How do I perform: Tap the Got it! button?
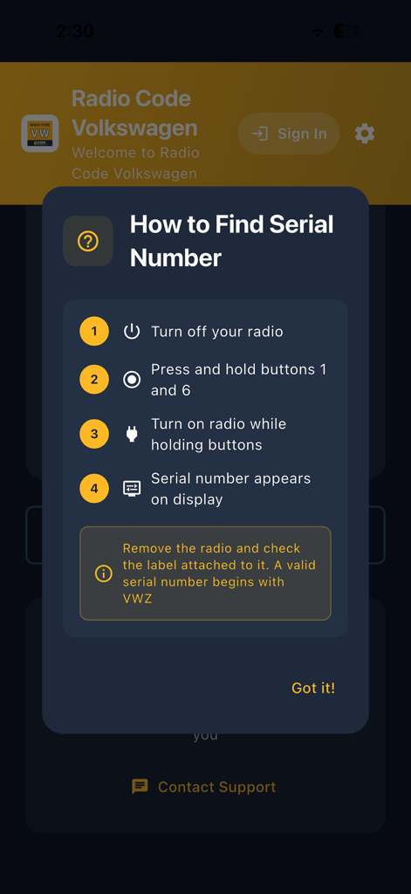pyautogui.click(x=312, y=688)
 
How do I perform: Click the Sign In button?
pyautogui.click(x=289, y=134)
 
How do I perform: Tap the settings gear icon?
pyautogui.click(x=365, y=134)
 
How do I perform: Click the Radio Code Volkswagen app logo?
pyautogui.click(x=40, y=134)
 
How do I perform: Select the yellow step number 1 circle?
pyautogui.click(x=94, y=332)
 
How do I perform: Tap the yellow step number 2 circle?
pyautogui.click(x=94, y=380)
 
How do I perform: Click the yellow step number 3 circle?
pyautogui.click(x=94, y=434)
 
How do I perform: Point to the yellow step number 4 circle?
pyautogui.click(x=94, y=489)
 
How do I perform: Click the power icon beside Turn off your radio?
pyautogui.click(x=132, y=332)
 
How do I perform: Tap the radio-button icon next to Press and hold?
pyautogui.click(x=132, y=380)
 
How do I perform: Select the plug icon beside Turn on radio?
pyautogui.click(x=132, y=434)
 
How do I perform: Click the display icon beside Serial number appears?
pyautogui.click(x=132, y=489)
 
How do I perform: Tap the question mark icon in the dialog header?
pyautogui.click(x=88, y=241)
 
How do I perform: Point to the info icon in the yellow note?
pyautogui.click(x=103, y=574)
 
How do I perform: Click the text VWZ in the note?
pyautogui.click(x=137, y=599)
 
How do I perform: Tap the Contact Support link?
pyautogui.click(x=216, y=787)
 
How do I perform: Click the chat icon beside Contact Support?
pyautogui.click(x=140, y=787)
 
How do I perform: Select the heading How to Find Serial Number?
pyautogui.click(x=231, y=241)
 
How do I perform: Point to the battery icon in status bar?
pyautogui.click(x=346, y=31)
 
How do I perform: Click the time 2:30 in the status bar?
pyautogui.click(x=75, y=31)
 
